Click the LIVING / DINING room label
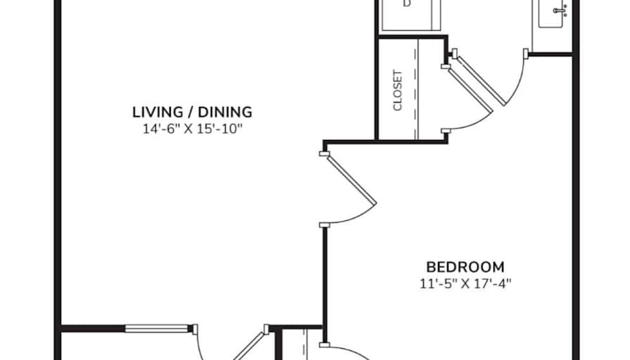coord(192,112)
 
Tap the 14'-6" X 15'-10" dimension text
coord(193,129)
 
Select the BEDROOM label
coord(465,267)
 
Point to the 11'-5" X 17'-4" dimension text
coord(465,283)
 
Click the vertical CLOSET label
coord(397,91)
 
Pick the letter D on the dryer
coord(407,4)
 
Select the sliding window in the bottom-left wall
coord(157,328)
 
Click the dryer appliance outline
coord(411,15)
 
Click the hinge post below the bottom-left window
coord(195,330)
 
